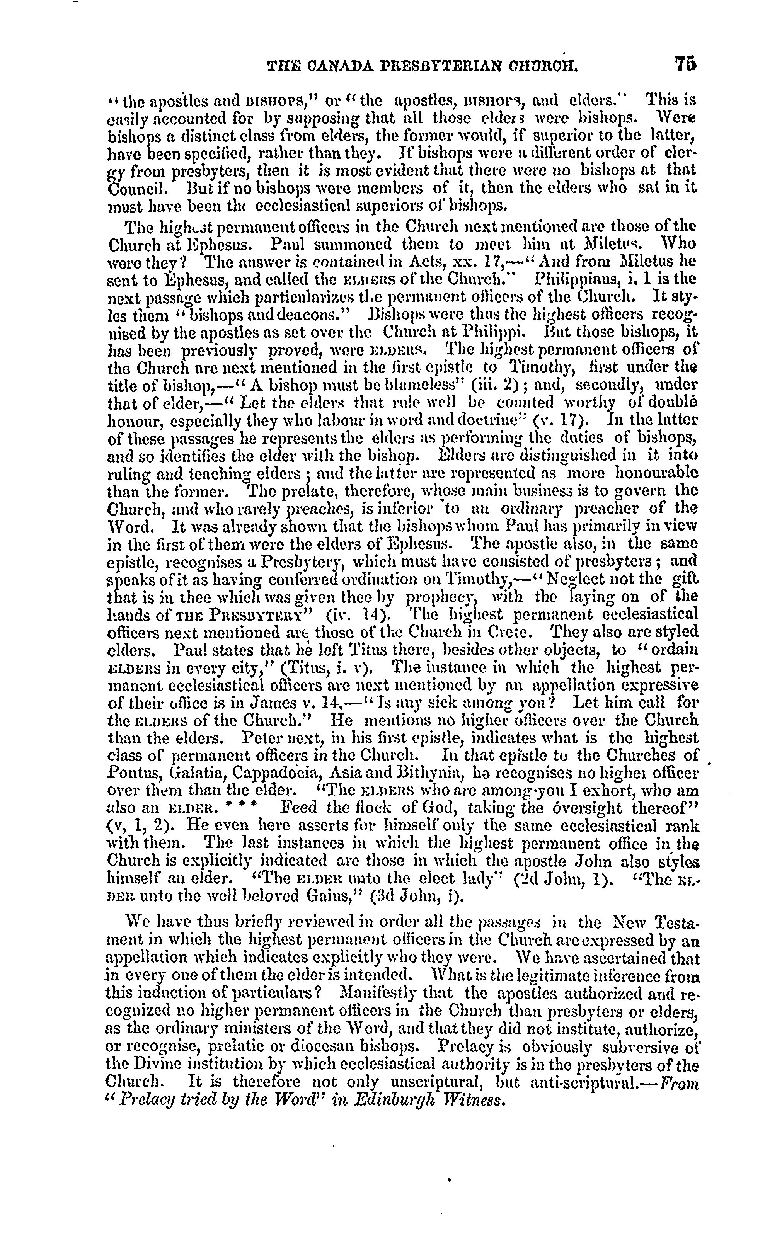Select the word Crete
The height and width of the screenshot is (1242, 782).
(x=520, y=632)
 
